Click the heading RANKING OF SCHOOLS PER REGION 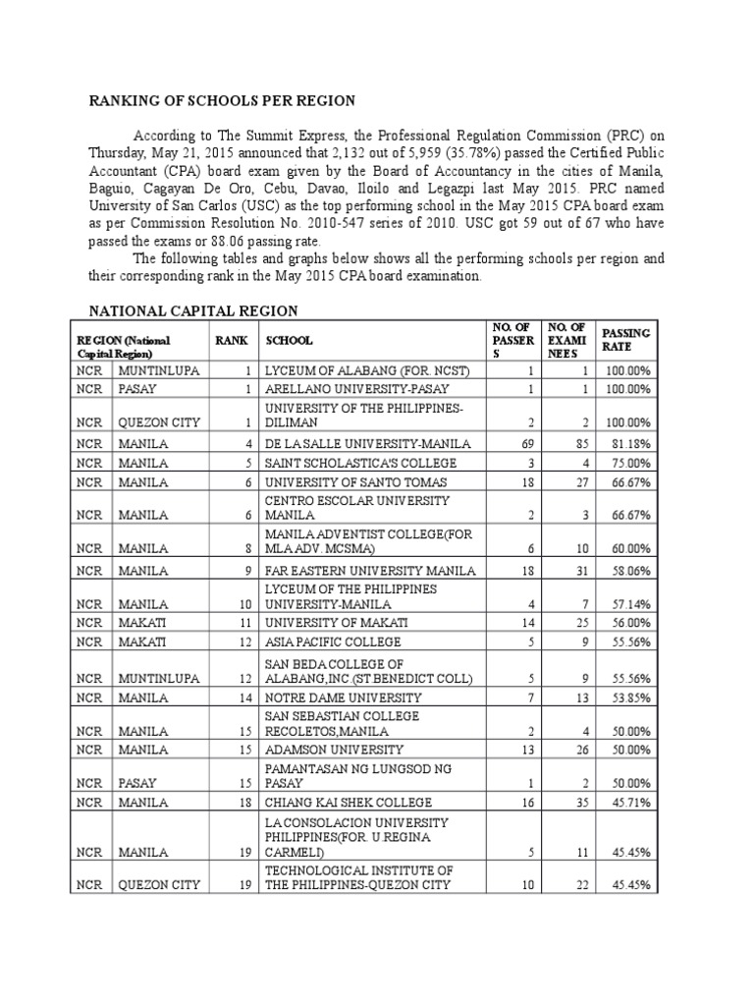(223, 101)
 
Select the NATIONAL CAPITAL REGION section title (193, 310)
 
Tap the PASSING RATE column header (625, 340)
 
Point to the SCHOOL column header (288, 340)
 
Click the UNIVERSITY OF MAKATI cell (332, 623)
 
